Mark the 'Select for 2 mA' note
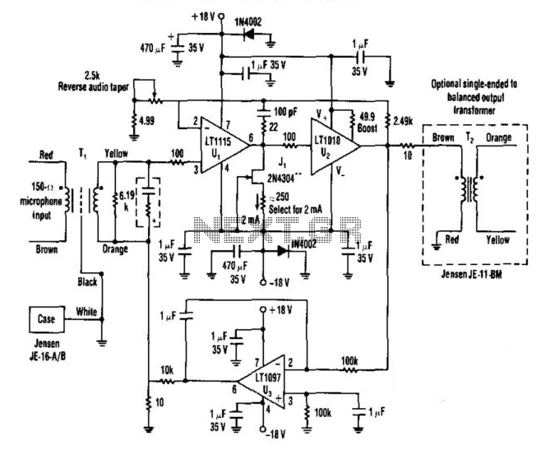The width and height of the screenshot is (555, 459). point(294,210)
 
